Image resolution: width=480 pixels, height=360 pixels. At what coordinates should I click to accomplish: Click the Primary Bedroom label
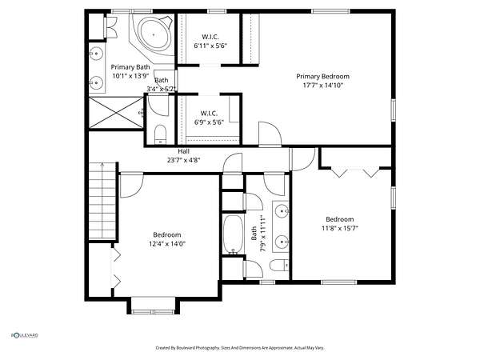point(322,76)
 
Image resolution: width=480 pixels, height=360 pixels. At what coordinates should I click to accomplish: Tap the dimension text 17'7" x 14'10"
point(322,85)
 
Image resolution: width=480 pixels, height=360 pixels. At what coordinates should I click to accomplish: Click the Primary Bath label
point(130,67)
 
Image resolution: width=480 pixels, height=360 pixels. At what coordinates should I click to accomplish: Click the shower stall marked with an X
point(116,112)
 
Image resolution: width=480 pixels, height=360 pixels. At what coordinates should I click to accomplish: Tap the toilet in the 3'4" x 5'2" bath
point(160,134)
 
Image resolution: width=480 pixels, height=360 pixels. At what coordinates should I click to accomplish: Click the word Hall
point(183,151)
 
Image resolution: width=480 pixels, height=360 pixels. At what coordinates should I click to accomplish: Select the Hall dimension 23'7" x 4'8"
point(183,160)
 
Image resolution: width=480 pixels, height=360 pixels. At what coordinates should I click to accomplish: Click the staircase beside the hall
point(102,201)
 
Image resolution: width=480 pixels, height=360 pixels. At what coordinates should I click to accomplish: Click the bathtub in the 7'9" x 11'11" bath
point(234,234)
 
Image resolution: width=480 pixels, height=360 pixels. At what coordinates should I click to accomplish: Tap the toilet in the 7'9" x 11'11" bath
point(279,265)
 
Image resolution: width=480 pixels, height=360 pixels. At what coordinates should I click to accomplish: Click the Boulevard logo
point(25,335)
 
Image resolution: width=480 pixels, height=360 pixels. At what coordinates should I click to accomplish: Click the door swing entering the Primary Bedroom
point(270,134)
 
